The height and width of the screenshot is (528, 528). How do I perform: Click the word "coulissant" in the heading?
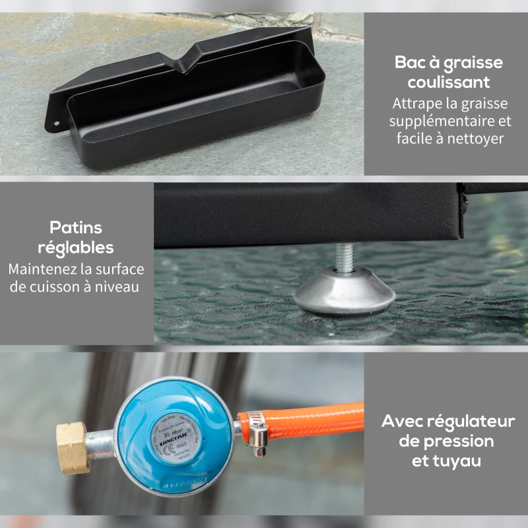coord(448,82)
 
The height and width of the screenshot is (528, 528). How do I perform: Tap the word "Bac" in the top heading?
coord(410,63)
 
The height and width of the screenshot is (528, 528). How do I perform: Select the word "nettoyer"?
coord(476,139)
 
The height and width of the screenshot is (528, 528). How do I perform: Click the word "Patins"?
coord(76,228)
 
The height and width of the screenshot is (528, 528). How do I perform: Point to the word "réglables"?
coord(77,248)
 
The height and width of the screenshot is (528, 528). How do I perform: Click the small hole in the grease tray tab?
coord(57,123)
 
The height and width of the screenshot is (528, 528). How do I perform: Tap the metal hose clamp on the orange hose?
coord(253,432)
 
